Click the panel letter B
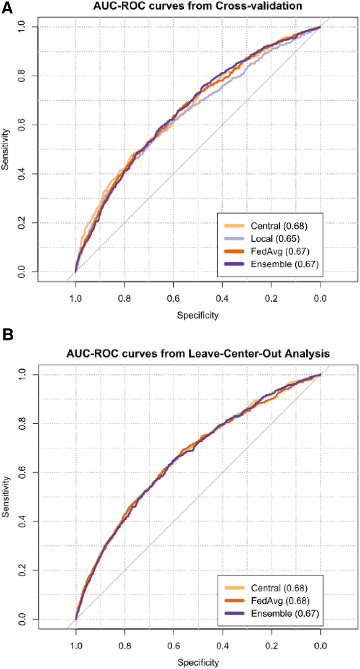coord(8,334)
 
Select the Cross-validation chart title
coord(198,6)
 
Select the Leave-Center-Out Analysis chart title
coord(198,353)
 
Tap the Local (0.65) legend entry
coord(275,239)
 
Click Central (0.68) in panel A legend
coord(278,226)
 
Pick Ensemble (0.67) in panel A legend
coord(284,264)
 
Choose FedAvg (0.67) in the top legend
coord(280,252)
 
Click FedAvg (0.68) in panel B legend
coord(280,601)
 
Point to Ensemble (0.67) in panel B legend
coord(285,614)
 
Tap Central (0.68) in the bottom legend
coord(279,588)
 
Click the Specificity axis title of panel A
coord(198,316)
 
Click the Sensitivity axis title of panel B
coord(6,497)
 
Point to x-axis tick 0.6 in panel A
coord(173,299)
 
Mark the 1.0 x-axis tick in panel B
coord(76,646)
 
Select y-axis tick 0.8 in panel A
coord(22,76)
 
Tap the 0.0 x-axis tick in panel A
coord(320,299)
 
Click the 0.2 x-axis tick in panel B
coord(271,646)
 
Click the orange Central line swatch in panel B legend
coord(234,588)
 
